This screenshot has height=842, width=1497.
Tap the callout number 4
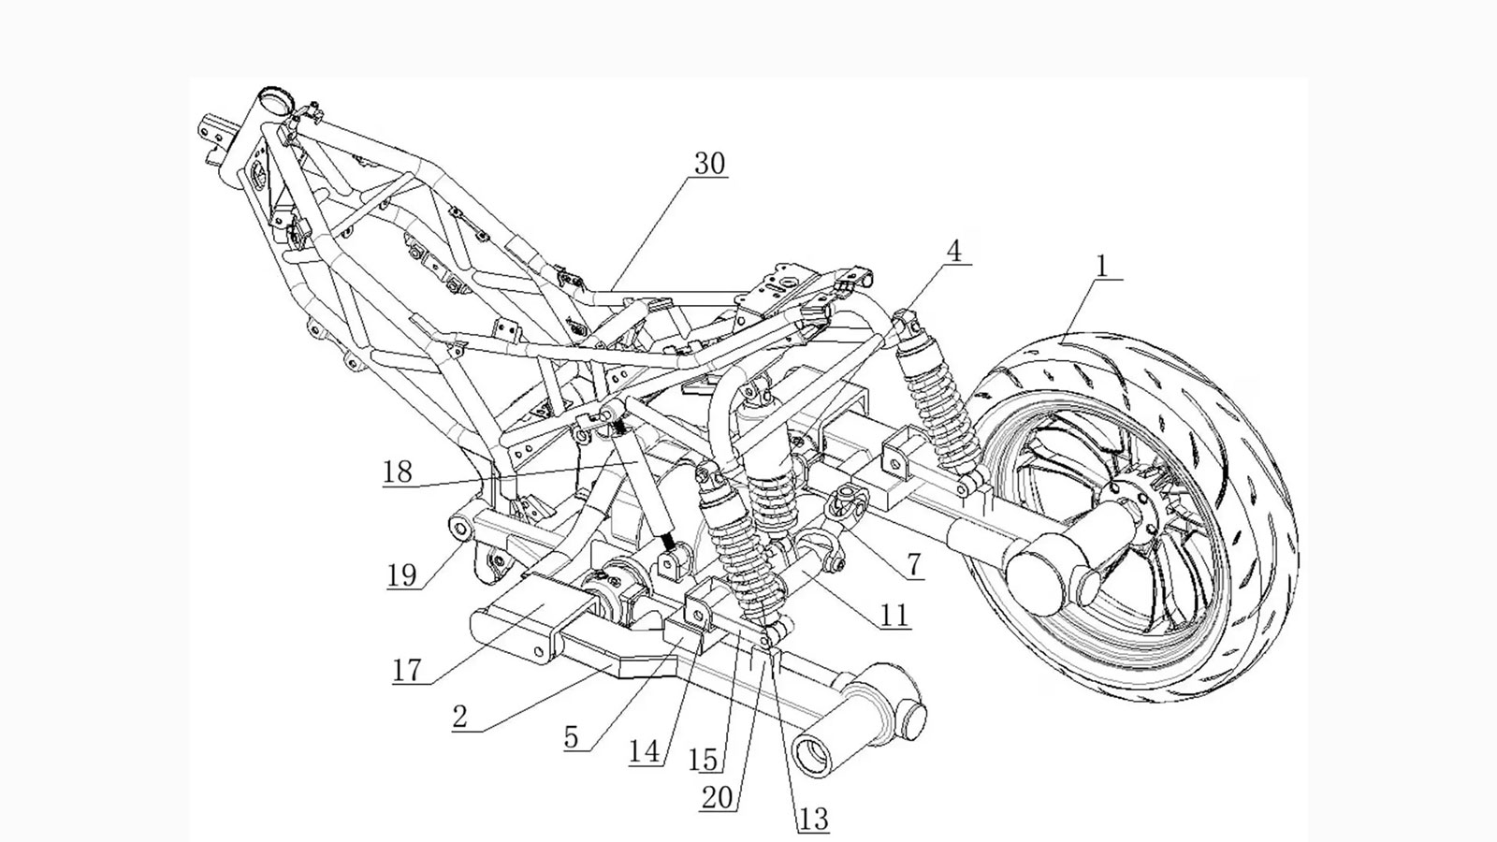tap(953, 251)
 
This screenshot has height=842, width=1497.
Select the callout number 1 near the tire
tap(1102, 266)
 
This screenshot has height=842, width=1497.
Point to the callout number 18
tap(398, 472)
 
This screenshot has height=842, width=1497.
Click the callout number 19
tap(401, 574)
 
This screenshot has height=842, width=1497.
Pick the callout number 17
tap(407, 670)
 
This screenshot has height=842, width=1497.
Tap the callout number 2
tap(459, 717)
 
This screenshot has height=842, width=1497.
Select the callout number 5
tap(571, 737)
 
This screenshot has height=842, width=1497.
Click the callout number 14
tap(644, 752)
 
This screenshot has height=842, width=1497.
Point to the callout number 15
tap(703, 761)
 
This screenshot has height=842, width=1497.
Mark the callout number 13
tap(813, 820)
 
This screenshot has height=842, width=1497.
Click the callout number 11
tap(894, 615)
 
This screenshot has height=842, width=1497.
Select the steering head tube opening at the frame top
tap(273, 98)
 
